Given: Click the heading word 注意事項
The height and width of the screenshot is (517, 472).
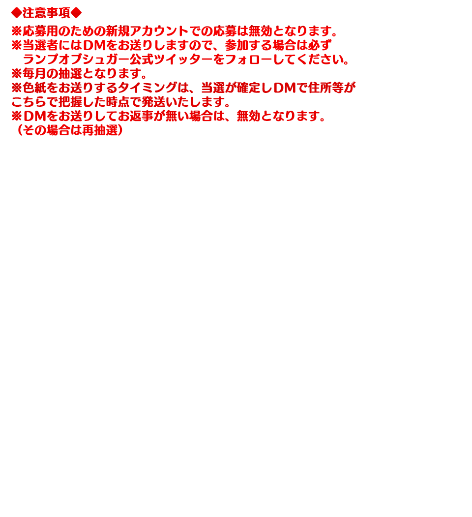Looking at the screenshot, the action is coord(47,13).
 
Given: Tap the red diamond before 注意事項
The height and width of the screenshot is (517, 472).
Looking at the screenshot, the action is coord(17,13).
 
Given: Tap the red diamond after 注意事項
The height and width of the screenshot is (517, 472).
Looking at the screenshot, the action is coord(76,13).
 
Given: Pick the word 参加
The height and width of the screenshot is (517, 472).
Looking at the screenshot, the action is coord(236,45).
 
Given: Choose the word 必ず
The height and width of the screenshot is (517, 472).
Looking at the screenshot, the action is coord(320,45).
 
